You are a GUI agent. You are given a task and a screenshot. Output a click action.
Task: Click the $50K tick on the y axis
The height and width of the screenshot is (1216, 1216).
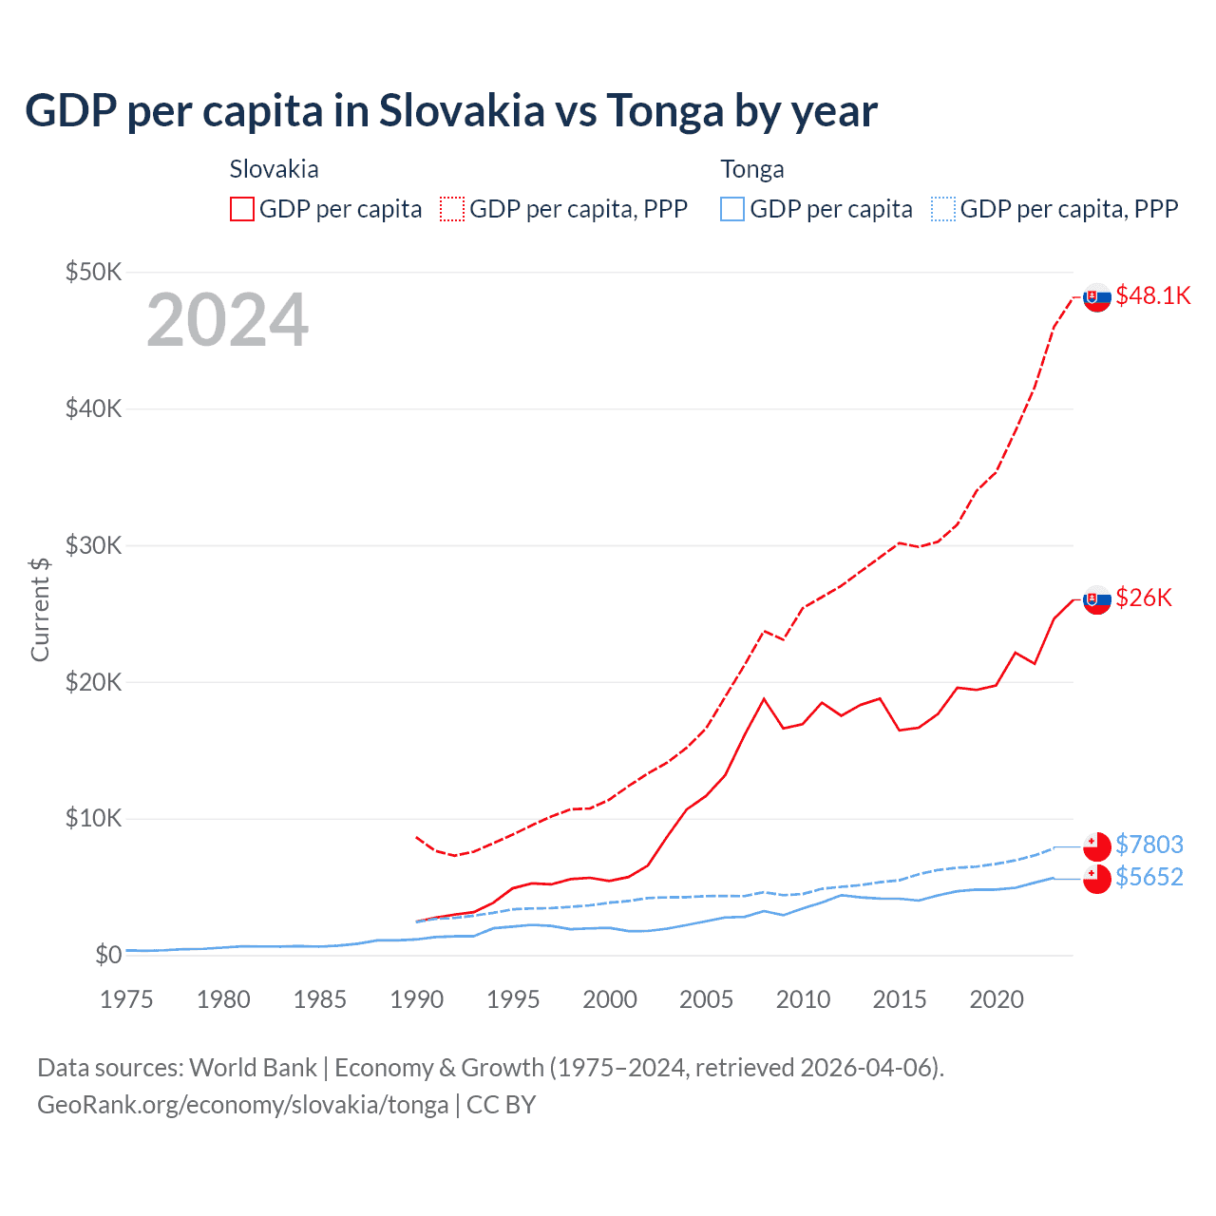click(x=93, y=273)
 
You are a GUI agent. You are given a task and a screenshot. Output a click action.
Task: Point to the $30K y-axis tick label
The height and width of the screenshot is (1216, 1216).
click(x=93, y=546)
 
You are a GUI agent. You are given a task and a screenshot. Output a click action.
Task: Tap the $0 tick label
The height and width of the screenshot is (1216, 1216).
click(x=107, y=955)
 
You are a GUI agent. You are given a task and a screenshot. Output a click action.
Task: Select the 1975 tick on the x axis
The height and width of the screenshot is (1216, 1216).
click(x=126, y=999)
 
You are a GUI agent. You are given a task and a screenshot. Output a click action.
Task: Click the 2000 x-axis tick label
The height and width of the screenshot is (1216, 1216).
click(x=610, y=999)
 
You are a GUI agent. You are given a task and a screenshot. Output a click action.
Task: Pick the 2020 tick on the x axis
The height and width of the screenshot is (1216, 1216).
click(x=997, y=999)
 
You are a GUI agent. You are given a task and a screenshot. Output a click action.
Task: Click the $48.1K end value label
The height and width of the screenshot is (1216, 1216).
click(x=1152, y=296)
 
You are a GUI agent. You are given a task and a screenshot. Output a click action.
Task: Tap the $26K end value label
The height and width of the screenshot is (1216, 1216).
click(x=1144, y=598)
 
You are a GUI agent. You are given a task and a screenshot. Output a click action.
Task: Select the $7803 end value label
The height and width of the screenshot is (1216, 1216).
click(x=1149, y=845)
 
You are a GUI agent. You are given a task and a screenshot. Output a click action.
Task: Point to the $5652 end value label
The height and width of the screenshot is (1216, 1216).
click(x=1149, y=877)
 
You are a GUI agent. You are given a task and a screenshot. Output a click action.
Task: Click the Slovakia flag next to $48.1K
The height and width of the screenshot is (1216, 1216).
click(x=1097, y=297)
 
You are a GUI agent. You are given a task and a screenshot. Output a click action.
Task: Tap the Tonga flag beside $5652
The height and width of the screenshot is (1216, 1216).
click(x=1097, y=879)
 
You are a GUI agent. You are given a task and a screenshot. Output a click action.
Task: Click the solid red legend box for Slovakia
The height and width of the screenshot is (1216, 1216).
click(x=242, y=209)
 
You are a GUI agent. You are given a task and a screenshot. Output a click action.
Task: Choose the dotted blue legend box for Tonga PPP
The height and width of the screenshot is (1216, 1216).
click(x=943, y=209)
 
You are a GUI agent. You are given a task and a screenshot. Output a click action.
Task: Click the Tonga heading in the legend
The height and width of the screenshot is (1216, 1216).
click(x=752, y=170)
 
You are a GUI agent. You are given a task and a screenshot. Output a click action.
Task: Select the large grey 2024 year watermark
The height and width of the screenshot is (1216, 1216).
click(x=228, y=321)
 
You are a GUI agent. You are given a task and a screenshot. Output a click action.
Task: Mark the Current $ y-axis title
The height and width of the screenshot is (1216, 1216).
click(x=40, y=609)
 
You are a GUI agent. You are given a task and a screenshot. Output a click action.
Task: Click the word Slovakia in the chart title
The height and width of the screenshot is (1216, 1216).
click(x=462, y=111)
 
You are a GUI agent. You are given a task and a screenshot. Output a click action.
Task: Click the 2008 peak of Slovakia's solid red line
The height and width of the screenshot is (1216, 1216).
click(x=764, y=699)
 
